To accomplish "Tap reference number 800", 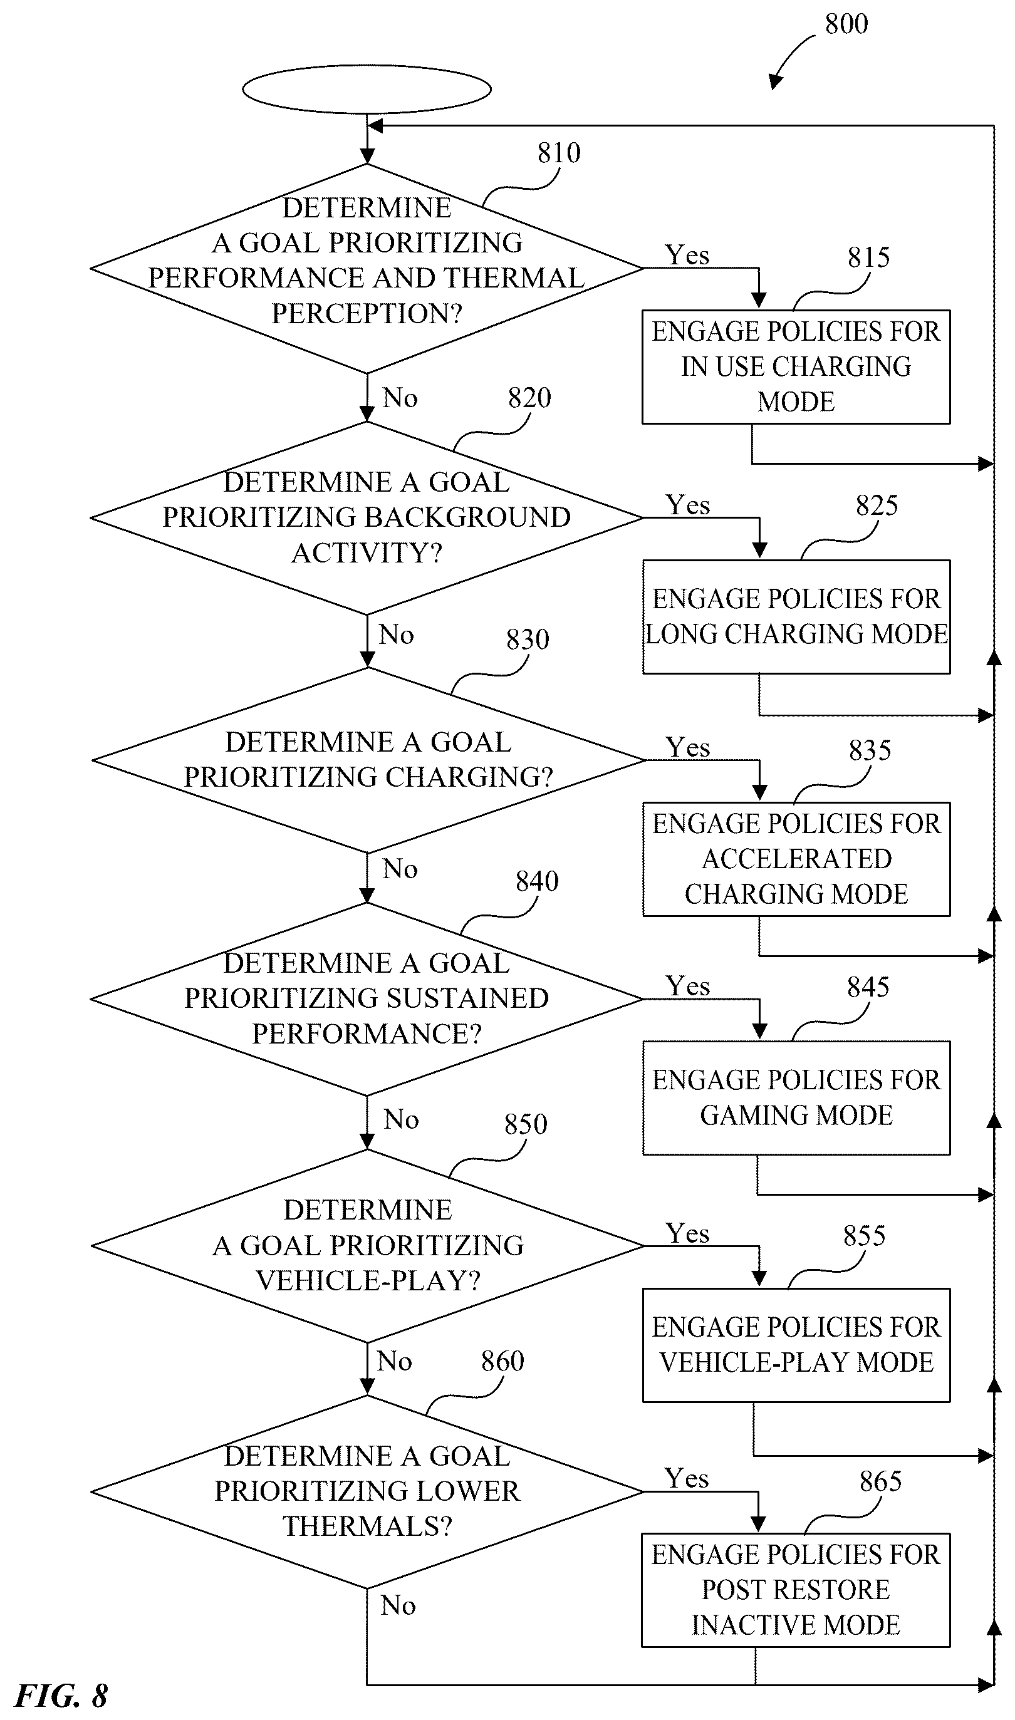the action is pyautogui.click(x=846, y=24).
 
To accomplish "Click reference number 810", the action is pyautogui.click(x=559, y=153).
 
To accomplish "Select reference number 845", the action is pyautogui.click(x=868, y=987).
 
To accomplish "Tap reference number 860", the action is pyautogui.click(x=502, y=1361).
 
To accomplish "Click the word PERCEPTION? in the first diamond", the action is pyautogui.click(x=367, y=314).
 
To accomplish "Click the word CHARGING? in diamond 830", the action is pyautogui.click(x=469, y=777).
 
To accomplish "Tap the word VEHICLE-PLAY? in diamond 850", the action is pyautogui.click(x=368, y=1280).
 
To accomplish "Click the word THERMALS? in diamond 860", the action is pyautogui.click(x=368, y=1526).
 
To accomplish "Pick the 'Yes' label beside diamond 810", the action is pyautogui.click(x=688, y=256).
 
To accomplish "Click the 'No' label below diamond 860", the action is pyautogui.click(x=398, y=1605).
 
